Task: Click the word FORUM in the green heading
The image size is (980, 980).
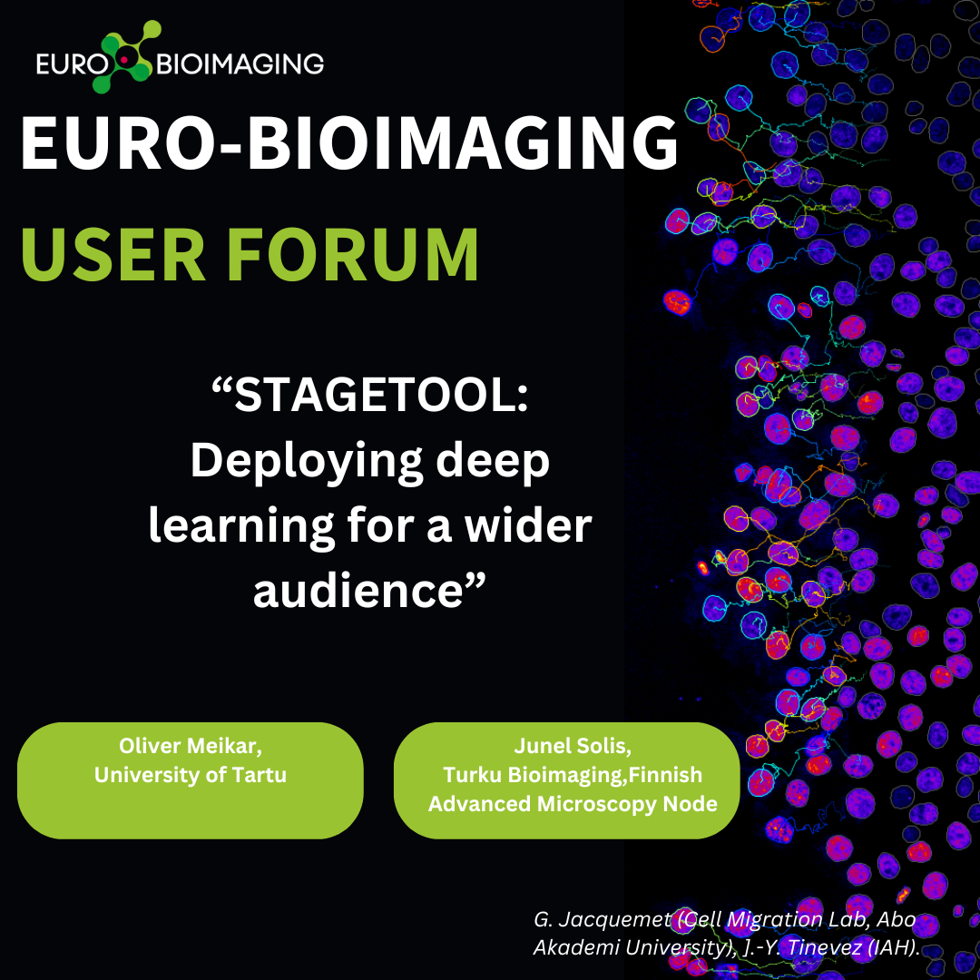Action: (353, 254)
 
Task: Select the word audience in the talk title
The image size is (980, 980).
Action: (358, 591)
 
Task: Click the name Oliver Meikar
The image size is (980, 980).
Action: (190, 746)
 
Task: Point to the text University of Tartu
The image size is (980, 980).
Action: (190, 775)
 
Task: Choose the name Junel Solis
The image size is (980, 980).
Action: (573, 746)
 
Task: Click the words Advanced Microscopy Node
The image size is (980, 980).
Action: (573, 804)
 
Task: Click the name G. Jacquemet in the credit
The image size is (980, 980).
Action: (603, 920)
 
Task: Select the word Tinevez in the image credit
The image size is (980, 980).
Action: (824, 947)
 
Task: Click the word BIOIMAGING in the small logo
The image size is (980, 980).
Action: (240, 64)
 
